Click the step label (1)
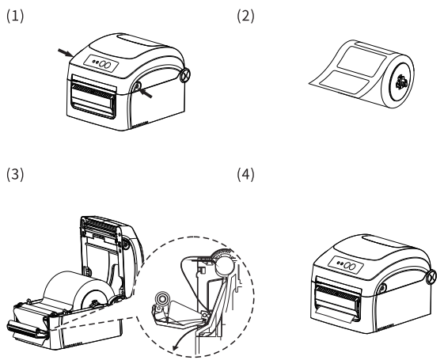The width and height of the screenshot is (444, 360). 15,16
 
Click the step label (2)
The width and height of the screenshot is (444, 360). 245,16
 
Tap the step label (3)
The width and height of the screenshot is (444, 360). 15,174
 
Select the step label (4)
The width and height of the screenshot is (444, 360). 245,174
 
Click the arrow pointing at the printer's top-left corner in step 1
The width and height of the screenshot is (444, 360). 66,53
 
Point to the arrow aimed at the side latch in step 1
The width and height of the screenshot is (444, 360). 146,93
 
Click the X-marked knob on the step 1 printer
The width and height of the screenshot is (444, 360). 185,74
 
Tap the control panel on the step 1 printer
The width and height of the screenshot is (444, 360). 101,63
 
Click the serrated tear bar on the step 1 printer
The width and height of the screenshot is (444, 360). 93,90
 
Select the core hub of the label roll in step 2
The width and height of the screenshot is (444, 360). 401,82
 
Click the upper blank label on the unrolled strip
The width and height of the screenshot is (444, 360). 362,62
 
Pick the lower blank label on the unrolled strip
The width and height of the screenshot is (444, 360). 344,81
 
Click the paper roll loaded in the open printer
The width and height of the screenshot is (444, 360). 78,290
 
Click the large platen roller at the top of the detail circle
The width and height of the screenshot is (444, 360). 225,267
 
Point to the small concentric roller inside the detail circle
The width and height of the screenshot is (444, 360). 162,299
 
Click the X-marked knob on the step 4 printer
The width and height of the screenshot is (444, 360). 431,276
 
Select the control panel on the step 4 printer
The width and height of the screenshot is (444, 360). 346,265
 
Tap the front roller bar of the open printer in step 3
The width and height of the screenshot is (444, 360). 27,330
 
